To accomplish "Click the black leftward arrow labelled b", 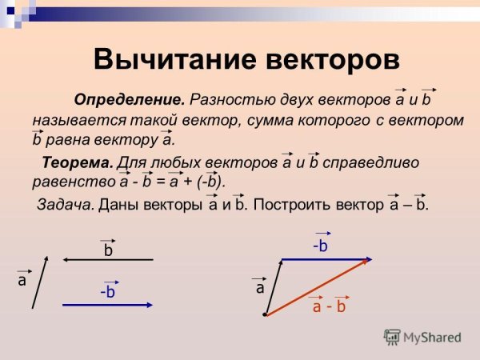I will (108, 260).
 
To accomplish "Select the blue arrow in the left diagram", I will (108, 303).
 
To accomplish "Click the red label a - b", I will (328, 306).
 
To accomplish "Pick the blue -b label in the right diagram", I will (320, 246).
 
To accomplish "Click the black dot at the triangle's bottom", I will (264, 316).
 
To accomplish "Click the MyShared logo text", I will (432, 338).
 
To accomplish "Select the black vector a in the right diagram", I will (273, 286).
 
